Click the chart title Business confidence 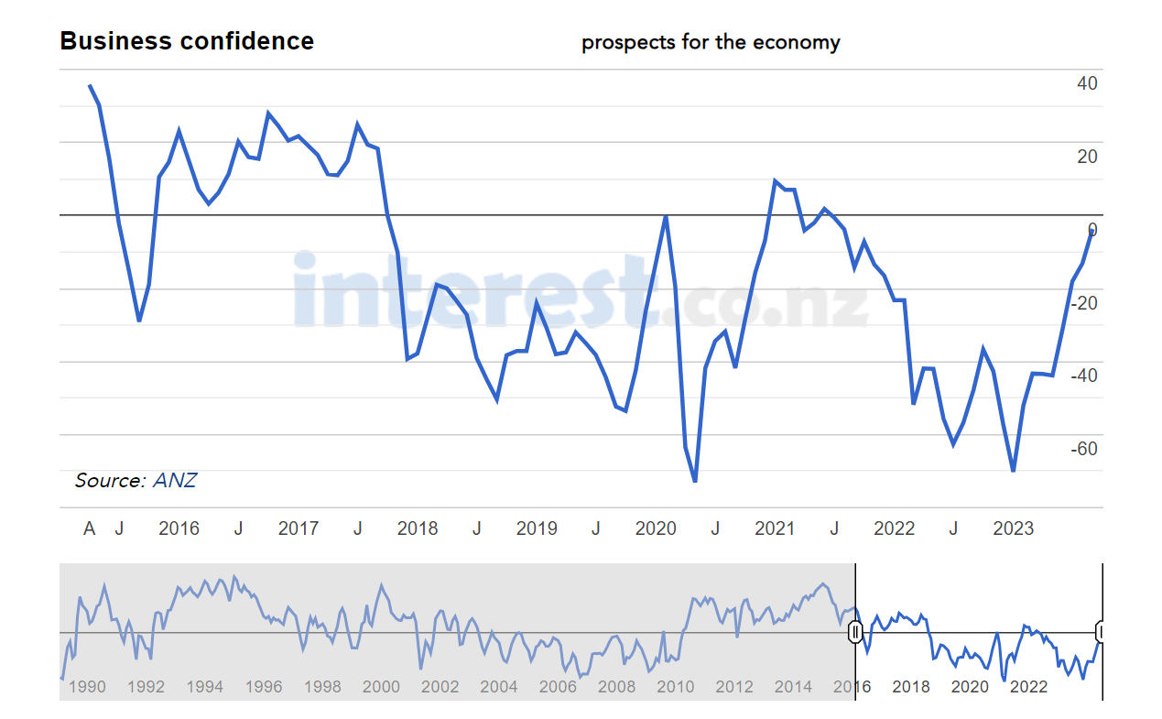point(187,41)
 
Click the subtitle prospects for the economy point(711,42)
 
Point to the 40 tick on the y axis point(1087,83)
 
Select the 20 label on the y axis point(1087,157)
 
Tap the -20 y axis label point(1083,302)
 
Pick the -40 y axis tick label point(1083,376)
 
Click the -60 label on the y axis point(1083,449)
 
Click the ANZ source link point(174,480)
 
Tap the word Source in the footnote point(109,480)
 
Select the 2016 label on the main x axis point(179,528)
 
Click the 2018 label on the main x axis point(418,528)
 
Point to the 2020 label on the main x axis point(656,528)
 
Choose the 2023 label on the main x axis point(1014,528)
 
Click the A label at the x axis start point(90,528)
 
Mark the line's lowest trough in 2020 point(695,481)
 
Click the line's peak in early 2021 point(775,180)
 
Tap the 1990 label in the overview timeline point(87,687)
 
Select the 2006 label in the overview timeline point(558,687)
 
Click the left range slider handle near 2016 point(855,632)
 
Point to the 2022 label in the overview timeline point(1028,687)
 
